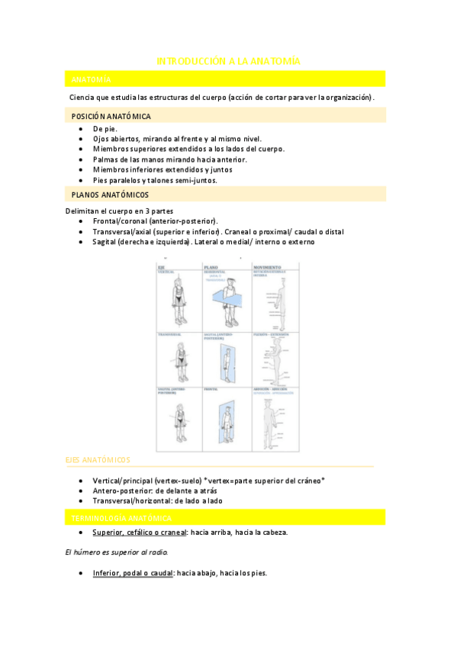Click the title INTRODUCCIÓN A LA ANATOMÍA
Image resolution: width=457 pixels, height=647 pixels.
point(228,60)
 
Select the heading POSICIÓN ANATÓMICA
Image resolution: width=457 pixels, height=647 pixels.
point(111,116)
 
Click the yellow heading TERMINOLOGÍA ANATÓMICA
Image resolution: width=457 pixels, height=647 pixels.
point(121,518)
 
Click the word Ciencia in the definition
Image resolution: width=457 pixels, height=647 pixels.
point(83,98)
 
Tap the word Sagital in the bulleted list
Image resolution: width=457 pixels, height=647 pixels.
point(108,242)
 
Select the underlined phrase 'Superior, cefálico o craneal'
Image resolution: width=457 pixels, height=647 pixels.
point(140,533)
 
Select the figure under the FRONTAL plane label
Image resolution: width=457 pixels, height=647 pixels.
point(226,419)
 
